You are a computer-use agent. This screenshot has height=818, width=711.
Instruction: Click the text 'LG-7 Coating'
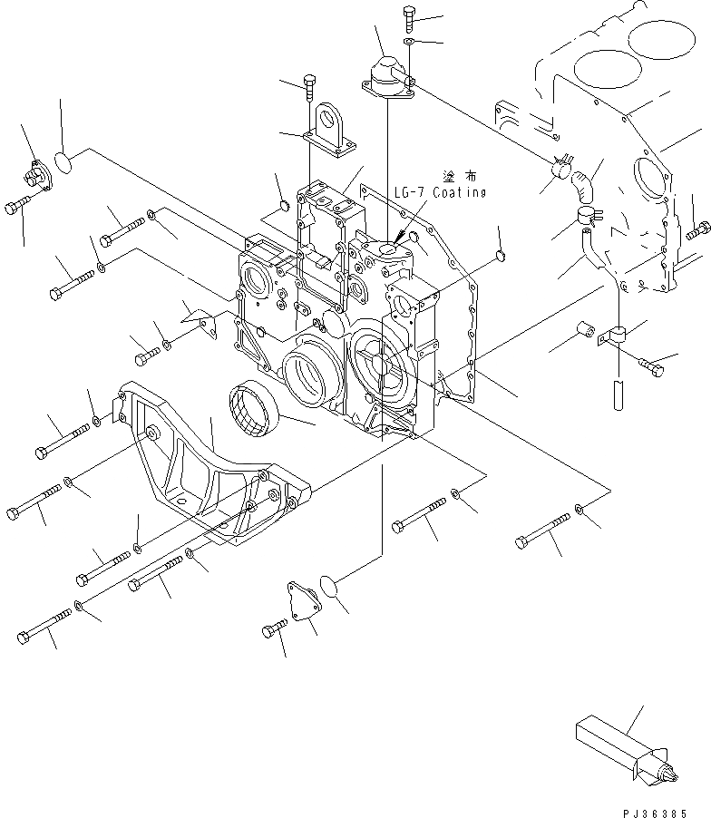[440, 193]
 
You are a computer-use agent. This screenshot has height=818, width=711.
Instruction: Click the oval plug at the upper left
[66, 161]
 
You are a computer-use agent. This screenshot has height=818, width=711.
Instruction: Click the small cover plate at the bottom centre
[304, 601]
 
